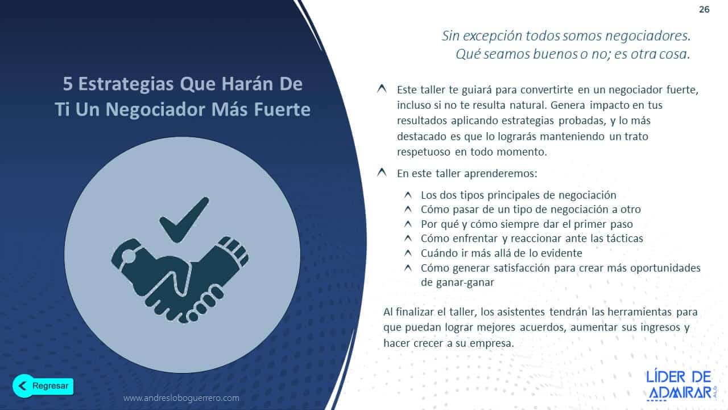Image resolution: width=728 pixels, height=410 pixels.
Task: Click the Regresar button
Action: (x=43, y=386)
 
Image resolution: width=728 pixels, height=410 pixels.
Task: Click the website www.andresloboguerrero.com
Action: (x=181, y=398)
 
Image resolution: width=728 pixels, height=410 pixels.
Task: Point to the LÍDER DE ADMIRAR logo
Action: (x=679, y=384)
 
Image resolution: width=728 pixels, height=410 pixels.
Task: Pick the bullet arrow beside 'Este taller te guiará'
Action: (x=382, y=89)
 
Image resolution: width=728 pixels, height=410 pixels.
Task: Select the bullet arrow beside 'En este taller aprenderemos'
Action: (x=382, y=173)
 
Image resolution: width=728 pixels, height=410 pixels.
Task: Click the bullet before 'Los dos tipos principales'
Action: (x=408, y=195)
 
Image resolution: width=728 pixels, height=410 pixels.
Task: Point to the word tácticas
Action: (x=622, y=239)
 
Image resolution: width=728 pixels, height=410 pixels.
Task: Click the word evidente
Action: (x=561, y=253)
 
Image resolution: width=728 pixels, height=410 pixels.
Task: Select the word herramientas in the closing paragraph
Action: (x=640, y=312)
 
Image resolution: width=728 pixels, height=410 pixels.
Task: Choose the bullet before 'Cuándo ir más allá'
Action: (x=408, y=253)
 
